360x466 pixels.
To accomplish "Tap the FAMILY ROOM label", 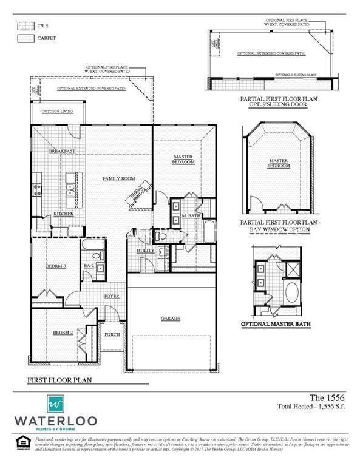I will [118, 179].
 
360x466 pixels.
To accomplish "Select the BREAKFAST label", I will [62, 150].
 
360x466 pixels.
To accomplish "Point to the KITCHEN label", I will [64, 214].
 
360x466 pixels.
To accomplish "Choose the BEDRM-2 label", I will [63, 332].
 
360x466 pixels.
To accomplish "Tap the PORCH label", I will [112, 334].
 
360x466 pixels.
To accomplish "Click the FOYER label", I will [112, 296].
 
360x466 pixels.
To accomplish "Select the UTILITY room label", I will [145, 250].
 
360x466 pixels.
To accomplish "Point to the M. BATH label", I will [192, 216].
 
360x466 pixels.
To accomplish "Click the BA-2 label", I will [88, 266].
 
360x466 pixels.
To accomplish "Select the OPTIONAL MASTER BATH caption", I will [276, 325].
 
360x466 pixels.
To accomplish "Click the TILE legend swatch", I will [25, 25].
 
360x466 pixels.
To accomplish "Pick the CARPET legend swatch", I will [25, 38].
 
